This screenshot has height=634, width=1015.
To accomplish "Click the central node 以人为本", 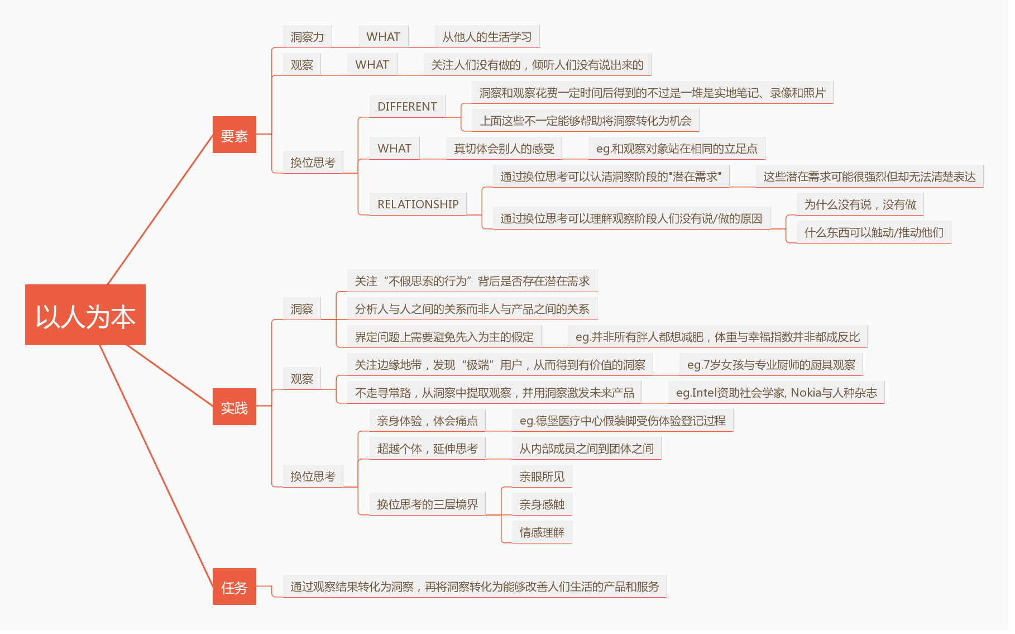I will (85, 315).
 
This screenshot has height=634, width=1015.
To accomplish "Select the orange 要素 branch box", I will (234, 135).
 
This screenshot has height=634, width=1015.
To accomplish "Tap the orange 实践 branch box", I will (234, 407).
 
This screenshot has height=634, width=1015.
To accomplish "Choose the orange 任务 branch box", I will (234, 587).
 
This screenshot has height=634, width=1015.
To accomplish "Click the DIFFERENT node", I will (407, 106).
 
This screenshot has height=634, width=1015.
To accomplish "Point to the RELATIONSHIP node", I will (418, 204).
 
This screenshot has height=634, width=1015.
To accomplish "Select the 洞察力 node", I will (307, 37).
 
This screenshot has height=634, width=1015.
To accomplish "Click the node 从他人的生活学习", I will (487, 37).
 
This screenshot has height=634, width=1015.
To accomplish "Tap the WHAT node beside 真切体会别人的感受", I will (394, 148).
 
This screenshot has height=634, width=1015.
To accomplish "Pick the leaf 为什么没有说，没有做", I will (860, 204).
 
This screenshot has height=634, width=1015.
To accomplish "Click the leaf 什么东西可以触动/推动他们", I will (874, 232).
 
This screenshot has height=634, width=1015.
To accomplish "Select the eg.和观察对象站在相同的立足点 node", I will (677, 149).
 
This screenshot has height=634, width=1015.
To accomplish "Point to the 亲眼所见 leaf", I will (542, 476).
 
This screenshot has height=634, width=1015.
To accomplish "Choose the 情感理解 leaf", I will (542, 532).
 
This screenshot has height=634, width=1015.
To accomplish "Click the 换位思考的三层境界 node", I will (427, 504).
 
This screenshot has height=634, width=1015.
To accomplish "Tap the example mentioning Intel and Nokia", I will (776, 393).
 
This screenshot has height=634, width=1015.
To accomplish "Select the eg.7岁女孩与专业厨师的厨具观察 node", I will (771, 365).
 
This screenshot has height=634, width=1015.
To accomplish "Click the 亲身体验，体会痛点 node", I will (427, 421).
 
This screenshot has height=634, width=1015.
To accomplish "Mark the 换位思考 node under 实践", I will (313, 476).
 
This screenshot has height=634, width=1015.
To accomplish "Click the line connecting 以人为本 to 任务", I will (156, 458).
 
